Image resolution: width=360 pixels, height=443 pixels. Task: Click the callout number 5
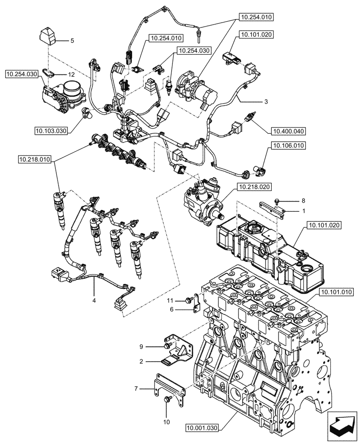[x=72, y=41]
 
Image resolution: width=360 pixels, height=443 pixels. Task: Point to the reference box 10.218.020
[x=254, y=187]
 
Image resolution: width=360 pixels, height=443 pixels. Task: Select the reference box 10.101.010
[x=335, y=292]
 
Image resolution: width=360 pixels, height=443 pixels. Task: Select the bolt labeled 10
[x=167, y=400]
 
